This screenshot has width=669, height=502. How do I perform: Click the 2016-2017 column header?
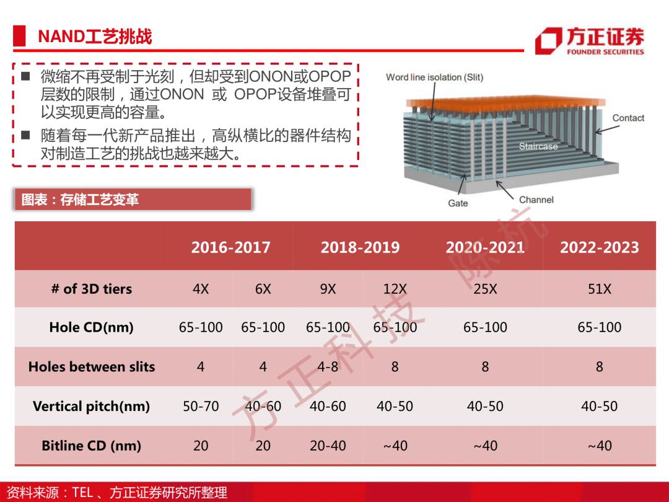point(230,247)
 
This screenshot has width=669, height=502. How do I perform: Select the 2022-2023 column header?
point(600,247)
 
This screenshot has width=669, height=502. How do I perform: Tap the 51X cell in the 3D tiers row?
point(600,289)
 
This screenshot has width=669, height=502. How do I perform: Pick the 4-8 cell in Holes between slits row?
point(328,367)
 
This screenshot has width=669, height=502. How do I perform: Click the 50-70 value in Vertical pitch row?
point(201,406)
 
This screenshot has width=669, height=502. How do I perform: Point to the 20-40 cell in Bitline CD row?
point(328,446)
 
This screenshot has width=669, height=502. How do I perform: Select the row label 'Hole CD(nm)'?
point(91,327)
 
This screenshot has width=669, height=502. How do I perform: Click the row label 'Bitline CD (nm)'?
point(91,446)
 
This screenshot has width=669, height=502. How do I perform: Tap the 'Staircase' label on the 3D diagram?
point(538,146)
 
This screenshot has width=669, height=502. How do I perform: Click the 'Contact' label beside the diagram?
point(628,118)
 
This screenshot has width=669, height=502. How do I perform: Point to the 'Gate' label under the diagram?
point(458,203)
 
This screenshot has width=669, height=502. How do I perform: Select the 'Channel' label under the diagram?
point(536,200)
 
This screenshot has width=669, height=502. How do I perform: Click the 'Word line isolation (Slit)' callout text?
point(434,77)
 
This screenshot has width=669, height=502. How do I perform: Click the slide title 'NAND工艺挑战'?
point(95,37)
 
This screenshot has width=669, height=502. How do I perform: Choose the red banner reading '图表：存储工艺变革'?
point(133,200)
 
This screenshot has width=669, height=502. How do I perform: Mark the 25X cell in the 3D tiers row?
point(485,289)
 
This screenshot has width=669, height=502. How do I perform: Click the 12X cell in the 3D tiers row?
point(395,289)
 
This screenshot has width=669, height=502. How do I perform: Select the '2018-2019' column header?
point(360,247)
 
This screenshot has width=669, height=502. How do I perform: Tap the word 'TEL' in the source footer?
point(82,492)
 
